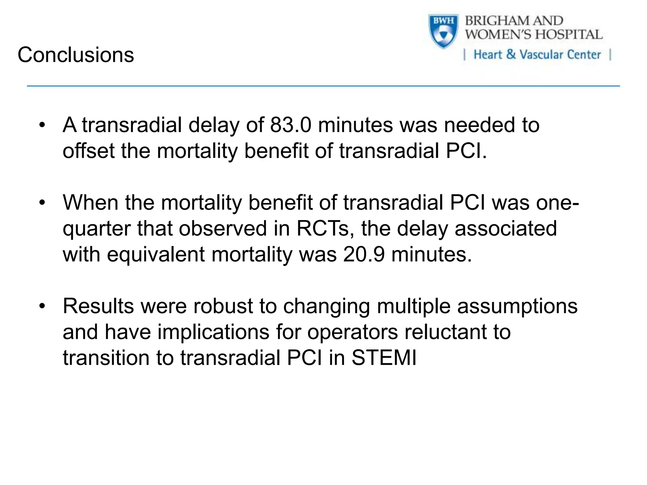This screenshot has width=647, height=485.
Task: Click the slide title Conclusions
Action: point(76,55)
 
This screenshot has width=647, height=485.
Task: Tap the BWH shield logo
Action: point(443,31)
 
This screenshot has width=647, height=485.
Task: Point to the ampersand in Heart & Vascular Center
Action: point(511,54)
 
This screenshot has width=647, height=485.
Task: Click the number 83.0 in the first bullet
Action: point(291,125)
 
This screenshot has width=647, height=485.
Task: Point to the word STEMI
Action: point(384,358)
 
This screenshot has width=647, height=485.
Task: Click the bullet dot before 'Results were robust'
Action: point(42,306)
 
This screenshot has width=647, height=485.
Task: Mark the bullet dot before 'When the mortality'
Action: point(42,203)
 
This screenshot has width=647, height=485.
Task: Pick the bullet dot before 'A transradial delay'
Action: point(42,125)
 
